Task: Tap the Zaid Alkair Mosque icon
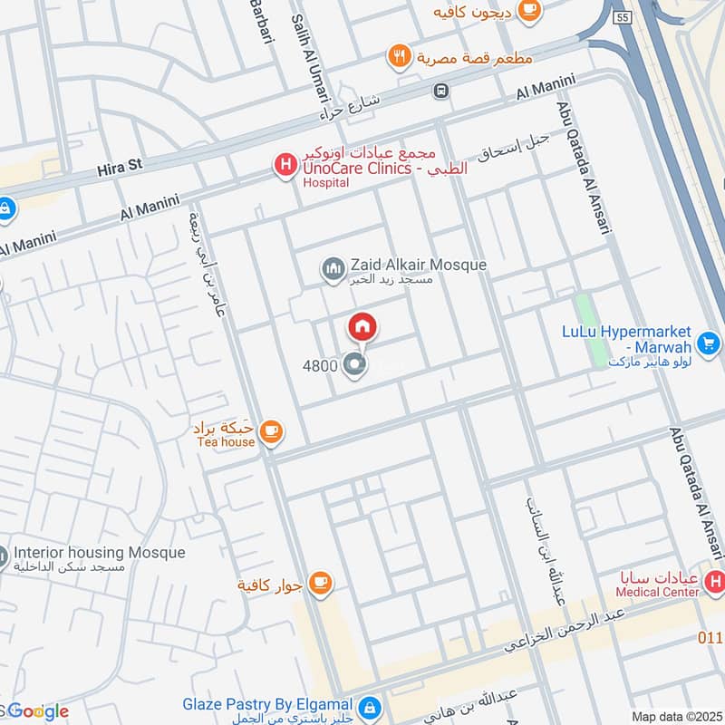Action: pos(333,268)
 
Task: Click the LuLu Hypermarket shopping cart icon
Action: pos(709,343)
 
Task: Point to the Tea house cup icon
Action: pos(269,431)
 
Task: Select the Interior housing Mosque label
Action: pos(100,553)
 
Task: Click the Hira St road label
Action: pos(121,169)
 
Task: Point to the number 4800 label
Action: pos(320,366)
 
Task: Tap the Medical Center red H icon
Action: pos(716,580)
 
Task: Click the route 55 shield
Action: pos(621,17)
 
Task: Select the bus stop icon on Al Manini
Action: pos(440,90)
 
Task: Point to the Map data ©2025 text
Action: pos(675,716)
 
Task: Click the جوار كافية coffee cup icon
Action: pos(318,584)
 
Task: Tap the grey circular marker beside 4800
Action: pos(355,365)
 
